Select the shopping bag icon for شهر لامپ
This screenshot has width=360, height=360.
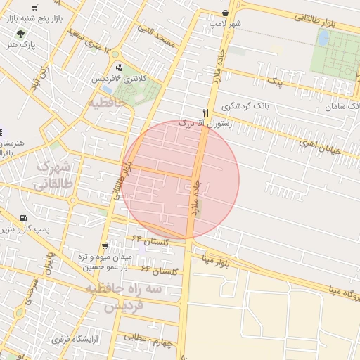tap(224, 13)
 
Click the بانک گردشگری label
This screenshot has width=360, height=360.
tap(246, 106)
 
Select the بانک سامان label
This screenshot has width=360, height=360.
tap(342, 106)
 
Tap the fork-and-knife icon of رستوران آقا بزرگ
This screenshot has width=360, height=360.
tap(205, 112)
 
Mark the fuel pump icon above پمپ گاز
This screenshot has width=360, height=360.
tap(25, 219)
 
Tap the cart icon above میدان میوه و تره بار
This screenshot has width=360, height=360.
tap(104, 246)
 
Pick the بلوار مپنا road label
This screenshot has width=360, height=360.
tap(217, 261)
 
